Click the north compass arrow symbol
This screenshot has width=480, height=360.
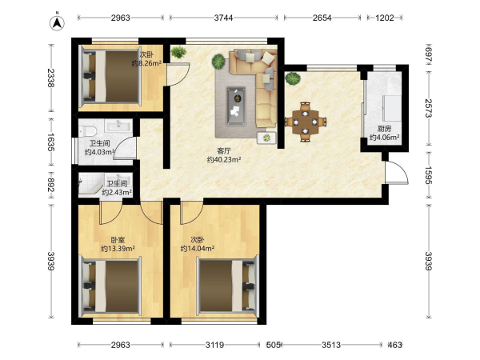(57, 22)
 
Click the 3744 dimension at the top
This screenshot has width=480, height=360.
(223, 18)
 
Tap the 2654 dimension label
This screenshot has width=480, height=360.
(322, 18)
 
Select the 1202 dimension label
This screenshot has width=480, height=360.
(385, 18)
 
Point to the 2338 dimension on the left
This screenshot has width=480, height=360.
(51, 78)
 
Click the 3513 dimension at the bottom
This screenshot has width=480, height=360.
(331, 345)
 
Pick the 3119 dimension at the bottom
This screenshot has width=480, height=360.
(214, 345)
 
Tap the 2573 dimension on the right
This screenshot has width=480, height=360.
(428, 108)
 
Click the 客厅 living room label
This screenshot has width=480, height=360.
(224, 151)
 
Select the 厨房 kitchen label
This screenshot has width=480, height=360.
(384, 129)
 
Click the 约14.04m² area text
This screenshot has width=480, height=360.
(198, 249)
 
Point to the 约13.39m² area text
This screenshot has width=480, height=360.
(118, 249)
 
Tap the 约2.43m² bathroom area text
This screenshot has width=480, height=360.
(117, 192)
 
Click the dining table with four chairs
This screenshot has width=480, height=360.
(306, 122)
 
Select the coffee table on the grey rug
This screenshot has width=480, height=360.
(236, 106)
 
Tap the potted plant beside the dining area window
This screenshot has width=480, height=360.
(293, 78)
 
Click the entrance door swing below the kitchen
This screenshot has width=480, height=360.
(398, 171)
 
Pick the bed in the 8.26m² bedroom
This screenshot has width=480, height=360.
(110, 77)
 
